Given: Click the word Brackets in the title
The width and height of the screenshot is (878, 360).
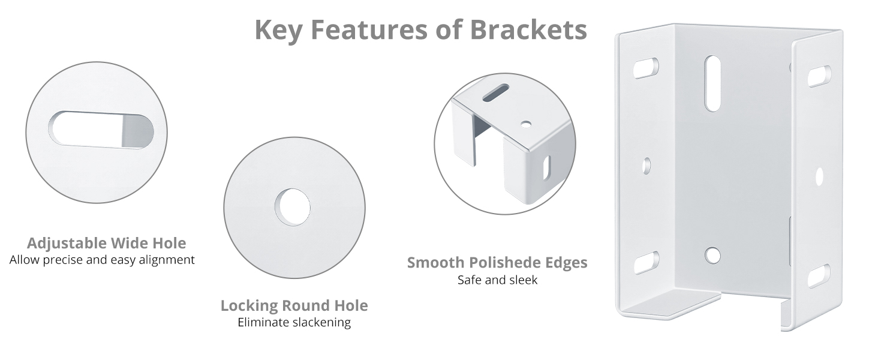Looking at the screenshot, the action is coord(528,30).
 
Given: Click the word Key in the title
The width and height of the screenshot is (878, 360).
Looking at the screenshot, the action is coord(278,31).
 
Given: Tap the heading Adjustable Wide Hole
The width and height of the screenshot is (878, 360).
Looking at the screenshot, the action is coord(106,243).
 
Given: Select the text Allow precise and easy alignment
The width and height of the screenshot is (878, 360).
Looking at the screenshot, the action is coord(102,260).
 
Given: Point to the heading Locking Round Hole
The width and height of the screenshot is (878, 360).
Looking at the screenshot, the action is coord(294,305).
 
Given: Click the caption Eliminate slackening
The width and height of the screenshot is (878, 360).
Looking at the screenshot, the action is coord(294,322).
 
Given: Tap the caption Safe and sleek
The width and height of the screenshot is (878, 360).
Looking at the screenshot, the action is coord(497,280).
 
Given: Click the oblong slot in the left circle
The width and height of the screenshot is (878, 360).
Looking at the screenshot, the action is coord(101,130).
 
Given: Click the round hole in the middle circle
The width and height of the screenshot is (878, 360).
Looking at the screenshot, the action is coord(293,208).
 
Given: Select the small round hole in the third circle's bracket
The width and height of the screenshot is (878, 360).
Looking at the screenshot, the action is coord(526,125).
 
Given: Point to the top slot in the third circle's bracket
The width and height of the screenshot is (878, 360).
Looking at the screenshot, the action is coord(496,94).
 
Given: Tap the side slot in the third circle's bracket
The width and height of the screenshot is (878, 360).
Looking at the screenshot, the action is coord(546,168).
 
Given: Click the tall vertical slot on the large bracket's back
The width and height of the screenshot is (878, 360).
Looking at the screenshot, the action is coord(712,83).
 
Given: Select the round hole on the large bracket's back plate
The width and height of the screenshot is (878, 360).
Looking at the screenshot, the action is coord(712,255).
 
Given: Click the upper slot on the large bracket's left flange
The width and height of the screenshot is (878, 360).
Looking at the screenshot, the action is coord(646,68).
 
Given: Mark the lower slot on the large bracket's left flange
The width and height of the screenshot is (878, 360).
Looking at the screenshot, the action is coord(647,262).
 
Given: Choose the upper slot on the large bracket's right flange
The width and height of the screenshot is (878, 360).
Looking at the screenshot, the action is coord(819,76).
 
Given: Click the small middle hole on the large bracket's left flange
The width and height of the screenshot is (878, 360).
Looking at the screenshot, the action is coord(647,166).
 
